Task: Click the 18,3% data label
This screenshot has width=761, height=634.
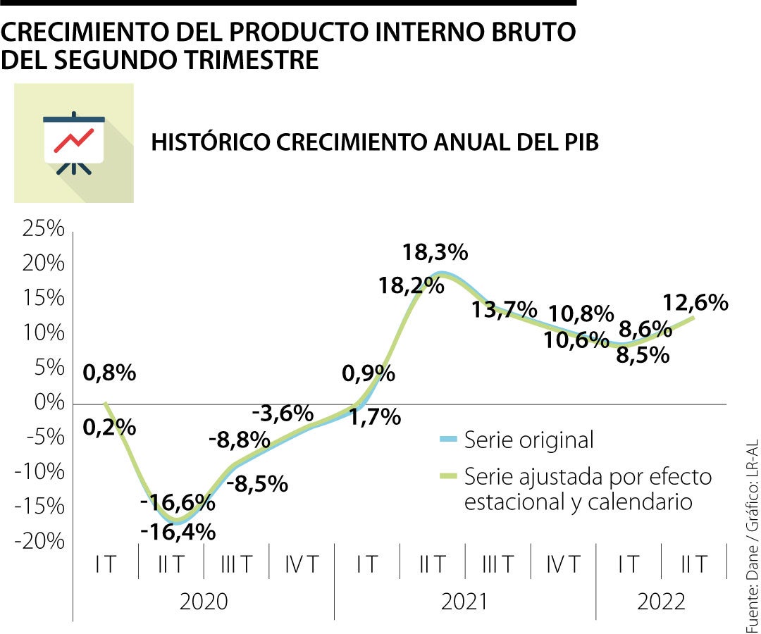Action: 435,252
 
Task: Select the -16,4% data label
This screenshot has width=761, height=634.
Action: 178,532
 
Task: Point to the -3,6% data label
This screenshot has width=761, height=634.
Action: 282,413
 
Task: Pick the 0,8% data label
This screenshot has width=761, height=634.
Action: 109,373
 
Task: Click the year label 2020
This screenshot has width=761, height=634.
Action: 203,602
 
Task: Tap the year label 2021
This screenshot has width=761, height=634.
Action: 464,602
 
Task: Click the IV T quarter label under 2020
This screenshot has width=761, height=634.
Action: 302,564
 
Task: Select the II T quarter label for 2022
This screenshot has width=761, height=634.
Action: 694,564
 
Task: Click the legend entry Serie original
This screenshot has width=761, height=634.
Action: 528,440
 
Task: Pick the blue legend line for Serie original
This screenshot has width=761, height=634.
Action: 448,440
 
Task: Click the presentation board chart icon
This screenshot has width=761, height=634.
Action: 74,143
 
